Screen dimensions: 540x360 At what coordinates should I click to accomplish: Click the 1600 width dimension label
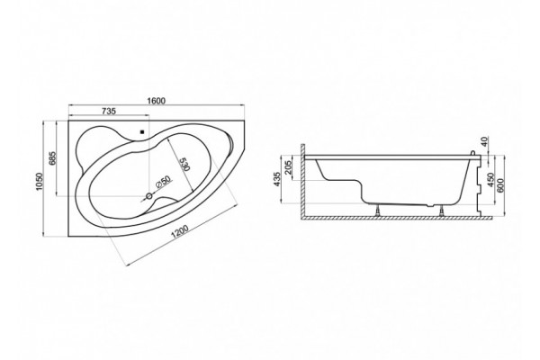click(157, 101)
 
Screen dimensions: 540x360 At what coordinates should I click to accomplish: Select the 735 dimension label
click(109, 111)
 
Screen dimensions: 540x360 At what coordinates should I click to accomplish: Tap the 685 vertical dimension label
click(52, 158)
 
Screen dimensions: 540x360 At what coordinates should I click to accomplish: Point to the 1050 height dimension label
click(39, 181)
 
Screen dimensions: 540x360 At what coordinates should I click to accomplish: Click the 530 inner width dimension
click(184, 164)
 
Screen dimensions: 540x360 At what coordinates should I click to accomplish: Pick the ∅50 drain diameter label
click(164, 182)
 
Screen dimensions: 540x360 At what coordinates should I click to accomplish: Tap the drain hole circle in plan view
click(149, 196)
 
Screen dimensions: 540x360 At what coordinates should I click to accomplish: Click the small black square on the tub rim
click(141, 131)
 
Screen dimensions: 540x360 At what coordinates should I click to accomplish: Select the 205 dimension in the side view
click(289, 167)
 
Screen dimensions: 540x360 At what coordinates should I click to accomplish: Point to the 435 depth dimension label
click(278, 179)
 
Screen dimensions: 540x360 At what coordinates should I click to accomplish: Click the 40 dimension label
click(484, 141)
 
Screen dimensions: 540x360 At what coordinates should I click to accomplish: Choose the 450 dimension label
click(490, 179)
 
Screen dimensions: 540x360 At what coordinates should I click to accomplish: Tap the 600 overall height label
click(500, 185)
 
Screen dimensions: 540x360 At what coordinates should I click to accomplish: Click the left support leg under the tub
click(379, 210)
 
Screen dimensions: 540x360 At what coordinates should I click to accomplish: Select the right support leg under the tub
click(441, 211)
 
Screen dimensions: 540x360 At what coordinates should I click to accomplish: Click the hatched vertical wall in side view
click(302, 181)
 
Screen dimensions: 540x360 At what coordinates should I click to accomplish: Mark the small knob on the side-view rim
click(473, 153)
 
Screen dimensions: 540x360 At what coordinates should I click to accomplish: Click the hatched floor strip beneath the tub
click(396, 218)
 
